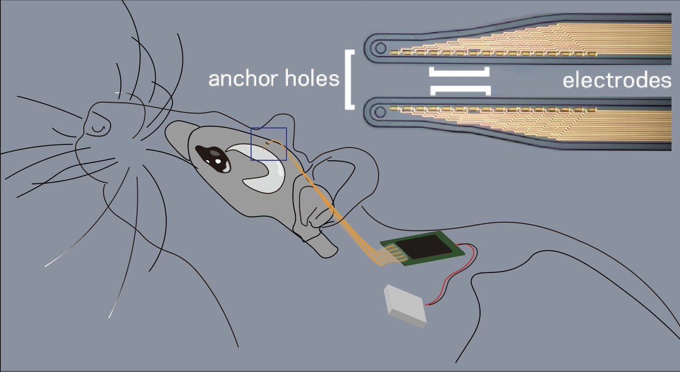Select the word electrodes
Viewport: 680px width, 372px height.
pos(617,80)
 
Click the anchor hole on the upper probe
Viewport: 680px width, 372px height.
pos(381,46)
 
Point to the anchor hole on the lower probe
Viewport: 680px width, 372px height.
pos(381,107)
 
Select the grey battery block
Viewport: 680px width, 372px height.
pos(405,306)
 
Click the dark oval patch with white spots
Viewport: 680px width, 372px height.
pos(212,157)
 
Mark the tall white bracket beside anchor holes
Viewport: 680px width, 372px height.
pos(348,79)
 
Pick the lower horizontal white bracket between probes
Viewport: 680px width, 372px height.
pos(460,89)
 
